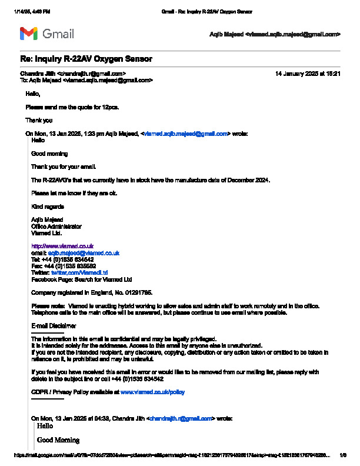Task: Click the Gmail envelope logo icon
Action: coord(29,34)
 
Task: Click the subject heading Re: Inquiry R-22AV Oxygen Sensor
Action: coord(86,59)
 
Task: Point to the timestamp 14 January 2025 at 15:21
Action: coord(308,74)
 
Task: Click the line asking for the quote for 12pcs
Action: coord(72,107)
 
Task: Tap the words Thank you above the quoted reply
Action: coord(39,121)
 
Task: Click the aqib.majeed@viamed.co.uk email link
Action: coord(84,252)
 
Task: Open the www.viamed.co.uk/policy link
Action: coord(152,391)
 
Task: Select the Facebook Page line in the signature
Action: coord(81,279)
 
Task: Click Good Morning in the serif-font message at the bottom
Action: coord(58,440)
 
